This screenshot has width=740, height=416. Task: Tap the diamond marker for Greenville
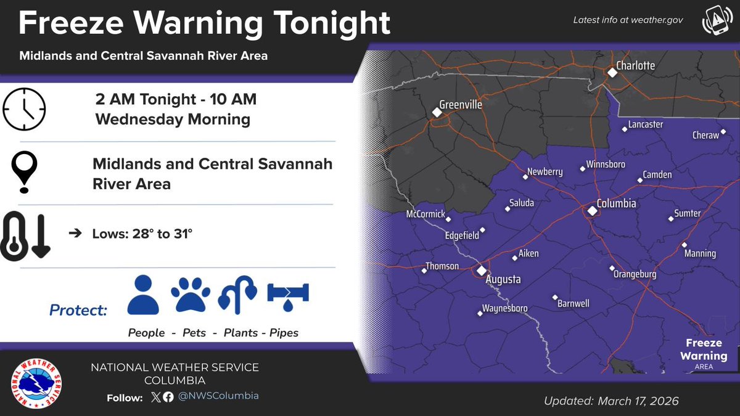click(437, 112)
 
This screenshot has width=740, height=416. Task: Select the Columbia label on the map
click(616, 203)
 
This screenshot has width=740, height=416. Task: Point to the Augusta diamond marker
click(481, 270)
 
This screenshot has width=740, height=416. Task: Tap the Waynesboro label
click(506, 308)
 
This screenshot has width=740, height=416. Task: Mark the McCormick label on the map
click(425, 214)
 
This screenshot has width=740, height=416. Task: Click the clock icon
click(25, 109)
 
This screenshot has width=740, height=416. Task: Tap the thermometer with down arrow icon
click(27, 235)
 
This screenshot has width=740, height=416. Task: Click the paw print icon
click(191, 295)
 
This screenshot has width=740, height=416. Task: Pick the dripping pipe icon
click(288, 295)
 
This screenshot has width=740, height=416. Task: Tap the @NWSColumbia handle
click(218, 396)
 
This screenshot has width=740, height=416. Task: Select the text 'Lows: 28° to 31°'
click(142, 234)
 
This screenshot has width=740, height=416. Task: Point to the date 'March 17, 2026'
click(638, 401)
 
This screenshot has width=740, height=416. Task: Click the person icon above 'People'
click(143, 295)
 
